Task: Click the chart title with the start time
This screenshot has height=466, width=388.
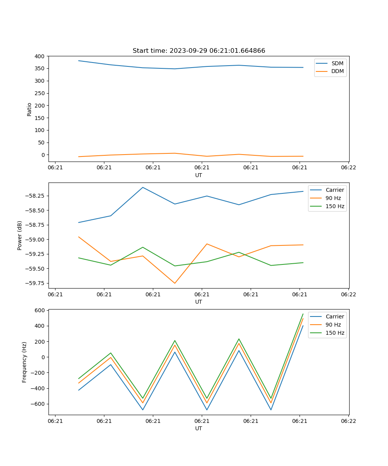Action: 199,51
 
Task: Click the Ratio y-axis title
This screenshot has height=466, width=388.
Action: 29,109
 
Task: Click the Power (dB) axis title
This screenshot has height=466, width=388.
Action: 20,235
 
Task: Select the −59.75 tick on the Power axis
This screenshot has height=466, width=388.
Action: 34,283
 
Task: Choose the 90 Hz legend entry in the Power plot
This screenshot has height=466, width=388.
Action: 333,198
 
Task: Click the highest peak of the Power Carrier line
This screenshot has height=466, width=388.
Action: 143,187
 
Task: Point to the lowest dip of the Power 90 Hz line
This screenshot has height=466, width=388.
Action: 175,283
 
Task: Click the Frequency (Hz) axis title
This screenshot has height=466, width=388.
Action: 24,362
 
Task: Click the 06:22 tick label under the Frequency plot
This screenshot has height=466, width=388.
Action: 348,421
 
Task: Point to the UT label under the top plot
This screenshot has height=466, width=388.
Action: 199,175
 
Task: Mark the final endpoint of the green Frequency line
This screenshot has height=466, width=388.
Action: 303,314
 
